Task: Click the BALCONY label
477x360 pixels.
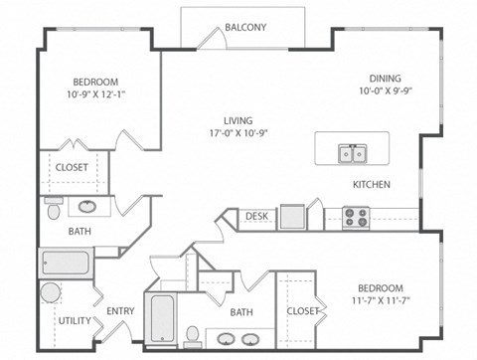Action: click(x=244, y=27)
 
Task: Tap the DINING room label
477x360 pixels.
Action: click(x=385, y=78)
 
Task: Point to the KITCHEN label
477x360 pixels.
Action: click(x=371, y=185)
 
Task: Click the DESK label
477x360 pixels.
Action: click(x=256, y=215)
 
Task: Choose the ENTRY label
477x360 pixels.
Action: click(x=120, y=311)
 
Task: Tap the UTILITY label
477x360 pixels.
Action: click(x=74, y=320)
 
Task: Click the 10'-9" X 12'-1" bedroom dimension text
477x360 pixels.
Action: click(x=95, y=95)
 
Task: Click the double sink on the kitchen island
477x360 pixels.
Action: click(x=351, y=153)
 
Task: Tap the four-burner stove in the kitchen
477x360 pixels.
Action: click(x=356, y=216)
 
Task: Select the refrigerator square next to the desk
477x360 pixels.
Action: click(x=291, y=217)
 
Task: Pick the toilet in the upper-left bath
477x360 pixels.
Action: click(x=53, y=208)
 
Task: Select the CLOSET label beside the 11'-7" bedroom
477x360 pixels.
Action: click(x=304, y=311)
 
